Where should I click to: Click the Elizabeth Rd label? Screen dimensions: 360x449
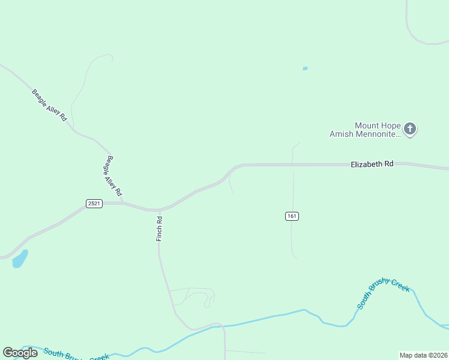click(x=372, y=163)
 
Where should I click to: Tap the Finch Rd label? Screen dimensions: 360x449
click(x=160, y=229)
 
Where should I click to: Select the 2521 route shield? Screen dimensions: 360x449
click(x=94, y=203)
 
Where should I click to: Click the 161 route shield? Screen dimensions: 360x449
click(x=292, y=216)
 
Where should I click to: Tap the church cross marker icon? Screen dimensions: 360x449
click(x=410, y=128)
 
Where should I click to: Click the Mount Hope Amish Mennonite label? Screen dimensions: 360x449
click(x=364, y=130)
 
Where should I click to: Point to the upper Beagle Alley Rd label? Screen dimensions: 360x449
click(x=49, y=104)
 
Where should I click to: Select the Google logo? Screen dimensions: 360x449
click(x=20, y=353)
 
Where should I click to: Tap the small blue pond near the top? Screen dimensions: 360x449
click(x=305, y=69)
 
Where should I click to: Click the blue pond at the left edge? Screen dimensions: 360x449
click(x=20, y=259)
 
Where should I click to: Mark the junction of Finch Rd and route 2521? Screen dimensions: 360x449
click(x=159, y=210)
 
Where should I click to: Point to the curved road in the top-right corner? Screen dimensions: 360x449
click(x=414, y=33)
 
